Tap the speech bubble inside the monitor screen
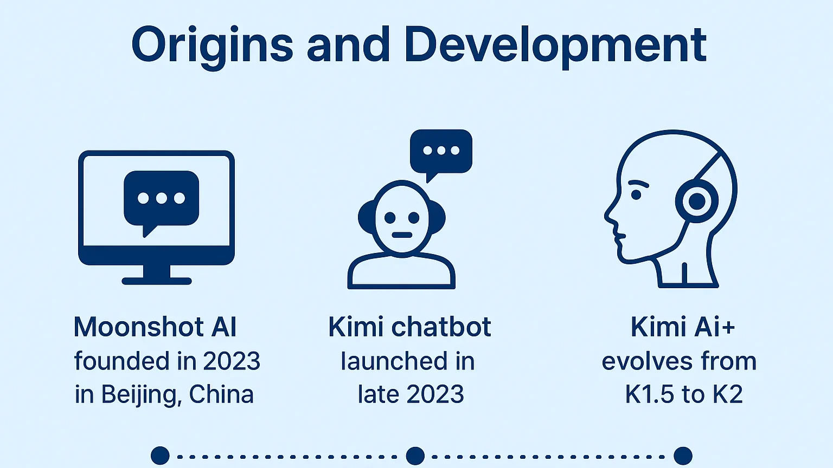pyautogui.click(x=162, y=203)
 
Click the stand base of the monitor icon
pyautogui.click(x=157, y=281)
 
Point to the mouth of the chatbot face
pyautogui.click(x=402, y=235)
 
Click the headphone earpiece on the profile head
pyautogui.click(x=696, y=201)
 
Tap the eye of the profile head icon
pyautogui.click(x=636, y=194)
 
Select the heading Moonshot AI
pyautogui.click(x=155, y=327)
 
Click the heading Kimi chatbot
pyautogui.click(x=409, y=327)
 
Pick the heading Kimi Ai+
pyautogui.click(x=683, y=327)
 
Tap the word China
pyautogui.click(x=221, y=394)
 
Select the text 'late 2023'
pyautogui.click(x=411, y=394)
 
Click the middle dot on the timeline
pyautogui.click(x=415, y=456)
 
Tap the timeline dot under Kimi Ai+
pyautogui.click(x=683, y=456)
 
